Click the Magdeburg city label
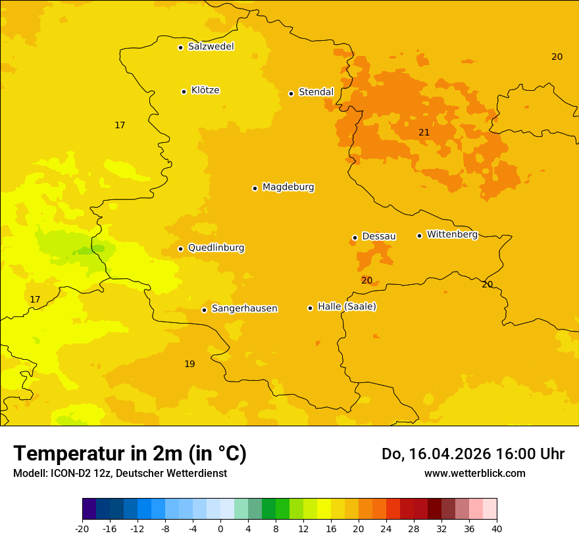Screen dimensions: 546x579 pyautogui.click(x=288, y=187)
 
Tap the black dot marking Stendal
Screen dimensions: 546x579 pyautogui.click(x=291, y=93)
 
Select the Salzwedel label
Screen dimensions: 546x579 pyautogui.click(x=211, y=47)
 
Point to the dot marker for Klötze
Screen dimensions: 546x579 pyautogui.click(x=184, y=91)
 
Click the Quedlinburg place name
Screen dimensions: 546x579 pyautogui.click(x=216, y=248)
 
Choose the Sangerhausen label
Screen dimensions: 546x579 pyautogui.click(x=244, y=309)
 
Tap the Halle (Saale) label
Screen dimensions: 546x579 pyautogui.click(x=347, y=307)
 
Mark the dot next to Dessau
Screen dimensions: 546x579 pyautogui.click(x=355, y=237)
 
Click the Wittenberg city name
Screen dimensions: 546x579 pyautogui.click(x=452, y=234)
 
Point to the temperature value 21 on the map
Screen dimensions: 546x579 pyautogui.click(x=424, y=132)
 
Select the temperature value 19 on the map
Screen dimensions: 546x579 pyautogui.click(x=189, y=364)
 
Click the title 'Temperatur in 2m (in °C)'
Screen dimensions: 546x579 pyautogui.click(x=130, y=453)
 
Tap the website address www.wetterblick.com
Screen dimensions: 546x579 pyautogui.click(x=474, y=473)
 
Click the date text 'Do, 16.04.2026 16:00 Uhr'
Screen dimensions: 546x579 pyautogui.click(x=472, y=454)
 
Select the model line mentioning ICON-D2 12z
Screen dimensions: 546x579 pyautogui.click(x=120, y=473)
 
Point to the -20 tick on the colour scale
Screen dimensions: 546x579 pyautogui.click(x=82, y=529)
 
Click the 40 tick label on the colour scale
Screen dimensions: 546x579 pyautogui.click(x=497, y=529)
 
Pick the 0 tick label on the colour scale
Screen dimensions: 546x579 pyautogui.click(x=220, y=529)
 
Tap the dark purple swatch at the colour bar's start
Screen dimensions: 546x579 pyautogui.click(x=89, y=509)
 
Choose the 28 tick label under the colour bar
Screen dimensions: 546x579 pyautogui.click(x=414, y=529)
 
